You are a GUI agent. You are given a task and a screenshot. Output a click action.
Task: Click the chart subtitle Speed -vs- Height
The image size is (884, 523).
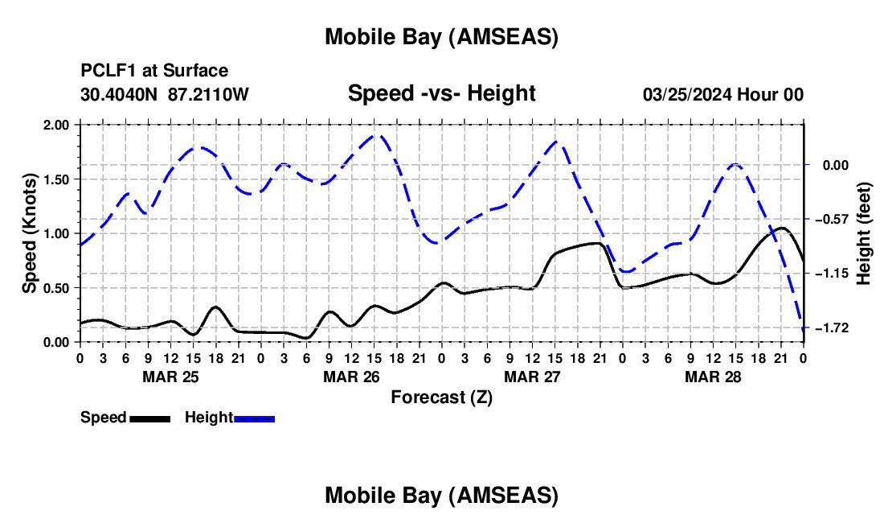[441, 94]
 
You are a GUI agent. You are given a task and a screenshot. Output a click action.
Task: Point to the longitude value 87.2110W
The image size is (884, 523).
[208, 95]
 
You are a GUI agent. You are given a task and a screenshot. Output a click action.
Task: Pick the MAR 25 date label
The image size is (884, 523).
[170, 377]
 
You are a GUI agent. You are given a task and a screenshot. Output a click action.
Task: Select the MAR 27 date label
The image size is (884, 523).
[531, 377]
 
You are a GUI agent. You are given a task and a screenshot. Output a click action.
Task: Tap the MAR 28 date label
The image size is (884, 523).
[712, 377]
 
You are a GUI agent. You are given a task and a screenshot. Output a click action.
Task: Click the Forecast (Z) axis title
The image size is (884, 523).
[441, 397]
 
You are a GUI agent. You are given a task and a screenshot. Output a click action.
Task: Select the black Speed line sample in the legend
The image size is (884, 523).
[149, 418]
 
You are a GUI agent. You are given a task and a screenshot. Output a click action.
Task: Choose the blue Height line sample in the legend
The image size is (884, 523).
[254, 418]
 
